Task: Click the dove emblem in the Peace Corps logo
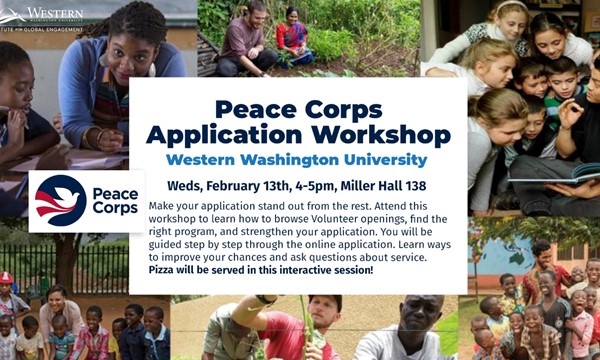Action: click(x=60, y=200)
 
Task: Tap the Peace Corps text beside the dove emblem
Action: click(x=114, y=201)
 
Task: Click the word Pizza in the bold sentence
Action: click(x=164, y=271)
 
